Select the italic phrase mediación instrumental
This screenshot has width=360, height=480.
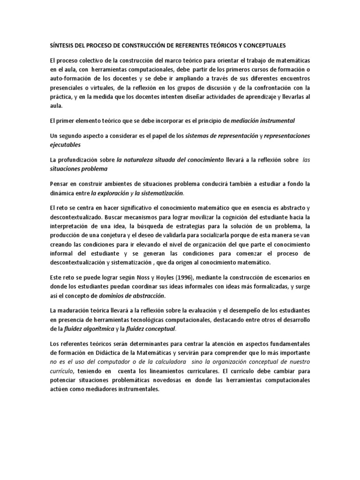point(263,120)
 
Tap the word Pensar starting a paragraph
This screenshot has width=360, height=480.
point(60,183)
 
